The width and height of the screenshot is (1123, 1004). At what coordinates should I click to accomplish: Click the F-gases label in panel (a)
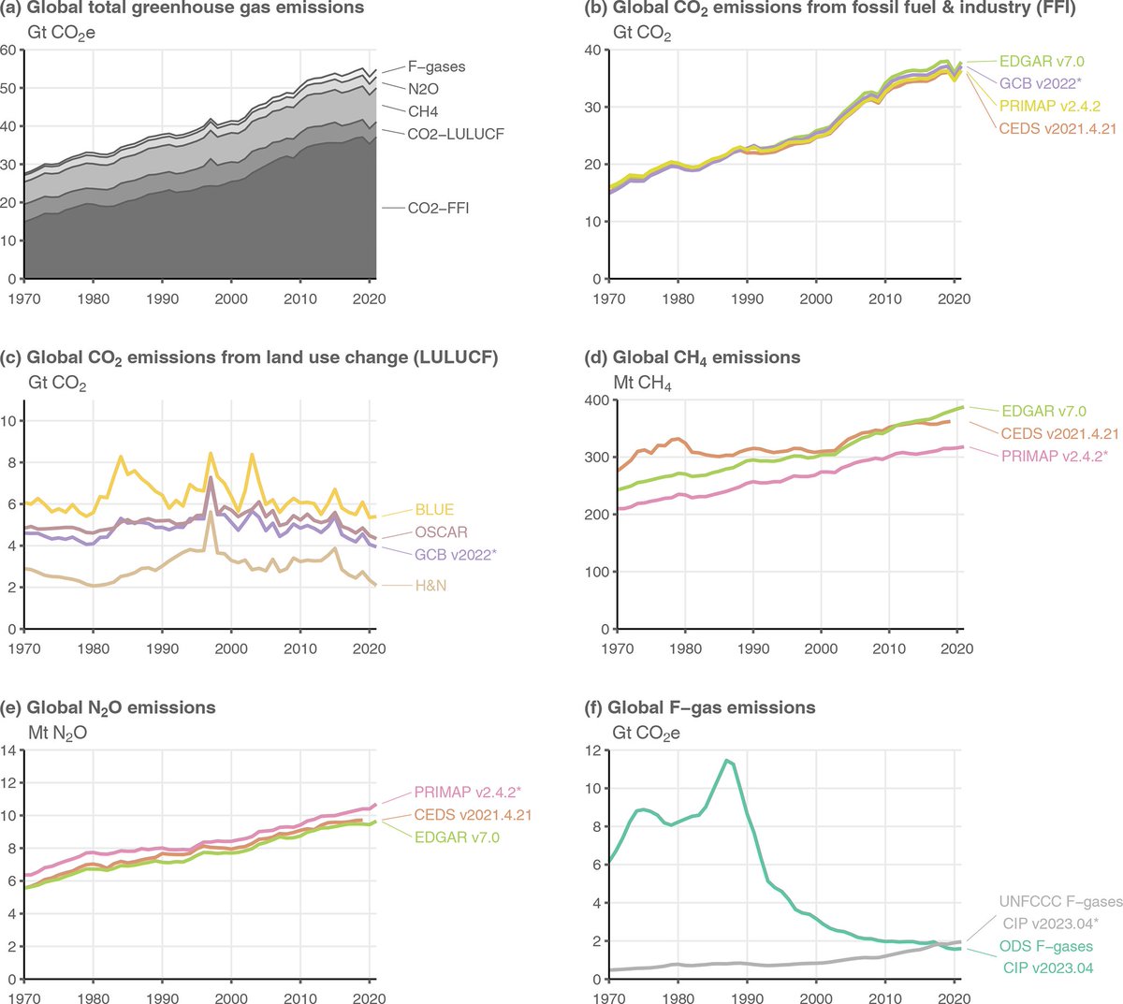click(x=435, y=67)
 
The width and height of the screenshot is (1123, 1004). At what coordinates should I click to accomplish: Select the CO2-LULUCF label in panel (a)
click(x=455, y=134)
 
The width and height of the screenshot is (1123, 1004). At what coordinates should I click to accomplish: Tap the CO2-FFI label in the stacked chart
click(x=438, y=208)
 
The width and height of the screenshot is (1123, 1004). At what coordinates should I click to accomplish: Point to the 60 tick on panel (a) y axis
click(x=9, y=50)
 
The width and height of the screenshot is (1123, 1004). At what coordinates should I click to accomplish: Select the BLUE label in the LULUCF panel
click(x=434, y=510)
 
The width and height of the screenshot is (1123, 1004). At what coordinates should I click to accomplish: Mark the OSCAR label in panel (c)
click(x=442, y=532)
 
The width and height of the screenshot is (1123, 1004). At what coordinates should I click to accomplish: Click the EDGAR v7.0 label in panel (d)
click(x=1043, y=411)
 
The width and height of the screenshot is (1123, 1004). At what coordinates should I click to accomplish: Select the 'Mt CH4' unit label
click(x=642, y=384)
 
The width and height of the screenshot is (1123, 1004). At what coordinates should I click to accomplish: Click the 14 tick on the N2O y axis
click(x=7, y=749)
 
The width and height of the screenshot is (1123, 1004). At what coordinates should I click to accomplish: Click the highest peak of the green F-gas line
click(x=725, y=760)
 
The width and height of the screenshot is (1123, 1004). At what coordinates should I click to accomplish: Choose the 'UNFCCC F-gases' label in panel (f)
click(x=1059, y=902)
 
